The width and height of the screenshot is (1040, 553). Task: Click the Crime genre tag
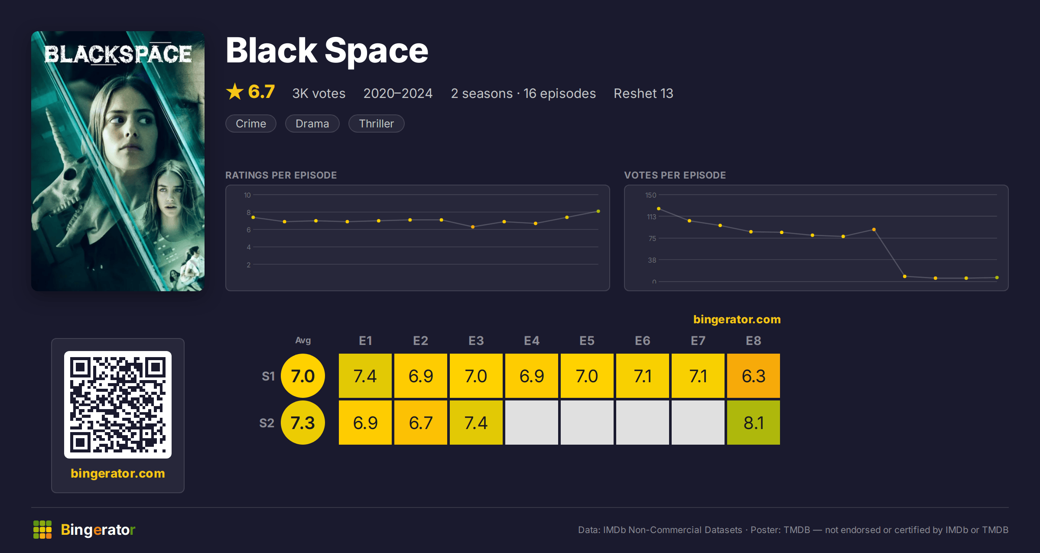coord(251,124)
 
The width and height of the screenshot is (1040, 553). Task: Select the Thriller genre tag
coord(376,124)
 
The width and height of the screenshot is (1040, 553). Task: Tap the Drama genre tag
coord(312,124)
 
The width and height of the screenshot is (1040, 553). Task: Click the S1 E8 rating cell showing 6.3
coord(754,376)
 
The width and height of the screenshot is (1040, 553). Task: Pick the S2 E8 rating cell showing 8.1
coord(754,423)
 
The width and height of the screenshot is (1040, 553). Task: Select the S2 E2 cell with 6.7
coord(421,423)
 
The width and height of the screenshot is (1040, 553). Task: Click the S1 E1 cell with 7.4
coord(365,376)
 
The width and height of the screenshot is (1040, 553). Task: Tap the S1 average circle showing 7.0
coord(303,376)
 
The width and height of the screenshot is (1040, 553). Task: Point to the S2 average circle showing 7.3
coord(303,423)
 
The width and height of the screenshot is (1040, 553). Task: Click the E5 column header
coord(587,341)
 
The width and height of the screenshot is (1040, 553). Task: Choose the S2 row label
coord(267,423)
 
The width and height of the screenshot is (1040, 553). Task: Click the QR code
coord(118,405)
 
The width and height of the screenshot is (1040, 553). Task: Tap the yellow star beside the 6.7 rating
coord(235,91)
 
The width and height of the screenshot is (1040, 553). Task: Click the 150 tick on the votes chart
coord(650,195)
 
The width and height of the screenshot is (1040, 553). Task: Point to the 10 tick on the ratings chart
coord(247,195)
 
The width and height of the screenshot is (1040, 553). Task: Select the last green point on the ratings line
coord(598,211)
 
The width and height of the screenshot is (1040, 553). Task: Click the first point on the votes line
coord(659,209)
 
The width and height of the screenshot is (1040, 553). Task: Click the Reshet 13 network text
coord(643,93)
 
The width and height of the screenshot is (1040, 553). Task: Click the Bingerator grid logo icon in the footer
coord(42,530)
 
